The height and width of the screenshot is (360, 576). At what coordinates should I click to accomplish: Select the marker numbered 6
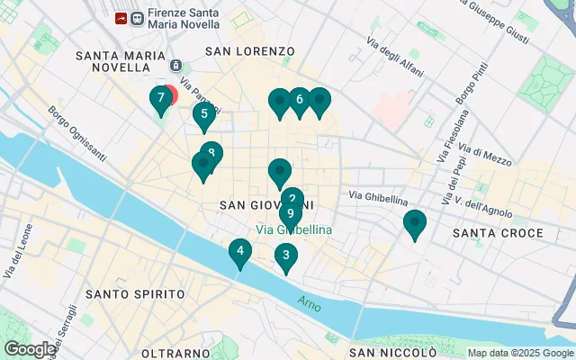pyautogui.click(x=299, y=101)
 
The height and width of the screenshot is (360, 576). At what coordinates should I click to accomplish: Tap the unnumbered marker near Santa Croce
pyautogui.click(x=415, y=223)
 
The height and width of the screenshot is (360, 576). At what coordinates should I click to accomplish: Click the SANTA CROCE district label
pyautogui.click(x=498, y=233)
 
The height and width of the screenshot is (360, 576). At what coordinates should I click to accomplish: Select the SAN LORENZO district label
pyautogui.click(x=250, y=51)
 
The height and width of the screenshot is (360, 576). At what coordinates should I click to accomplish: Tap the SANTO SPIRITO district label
pyautogui.click(x=135, y=294)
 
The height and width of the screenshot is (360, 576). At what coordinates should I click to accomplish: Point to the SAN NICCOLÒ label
pyautogui.click(x=393, y=352)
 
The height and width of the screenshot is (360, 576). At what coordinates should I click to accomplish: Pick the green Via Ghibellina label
pyautogui.click(x=294, y=230)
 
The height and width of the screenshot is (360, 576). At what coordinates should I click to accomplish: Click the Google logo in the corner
pyautogui.click(x=30, y=349)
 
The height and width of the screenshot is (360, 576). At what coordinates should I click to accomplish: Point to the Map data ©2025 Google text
pyautogui.click(x=519, y=353)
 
